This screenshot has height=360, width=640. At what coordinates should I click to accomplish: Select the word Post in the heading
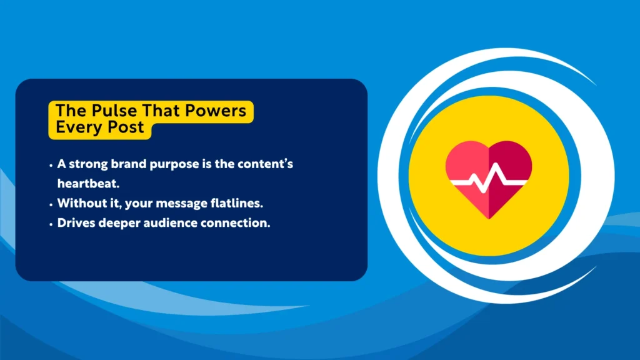[x=129, y=127]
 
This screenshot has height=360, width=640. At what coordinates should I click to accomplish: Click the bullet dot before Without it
[x=51, y=204]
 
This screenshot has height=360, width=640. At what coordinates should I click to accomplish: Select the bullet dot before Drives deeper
[x=51, y=224]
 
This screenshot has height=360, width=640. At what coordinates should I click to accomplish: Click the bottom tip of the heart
[x=489, y=217]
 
